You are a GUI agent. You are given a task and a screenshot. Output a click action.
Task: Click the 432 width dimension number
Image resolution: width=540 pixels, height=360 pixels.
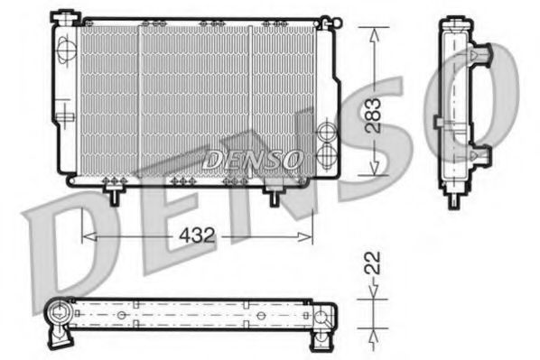[196, 235]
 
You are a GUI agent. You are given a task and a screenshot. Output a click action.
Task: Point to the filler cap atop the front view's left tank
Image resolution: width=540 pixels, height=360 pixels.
[64, 14]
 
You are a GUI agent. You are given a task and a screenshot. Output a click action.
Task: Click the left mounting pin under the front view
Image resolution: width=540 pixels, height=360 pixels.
[115, 192]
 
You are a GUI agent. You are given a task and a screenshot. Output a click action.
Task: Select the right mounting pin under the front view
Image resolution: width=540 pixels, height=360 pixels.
[274, 192]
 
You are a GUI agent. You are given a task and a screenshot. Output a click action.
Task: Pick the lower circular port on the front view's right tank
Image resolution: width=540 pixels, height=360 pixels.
[328, 154]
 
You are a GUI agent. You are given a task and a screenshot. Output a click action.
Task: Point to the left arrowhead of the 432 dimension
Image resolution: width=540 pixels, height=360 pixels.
[87, 236]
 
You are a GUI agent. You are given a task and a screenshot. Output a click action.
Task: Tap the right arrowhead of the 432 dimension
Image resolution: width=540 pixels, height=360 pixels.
[310, 236]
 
